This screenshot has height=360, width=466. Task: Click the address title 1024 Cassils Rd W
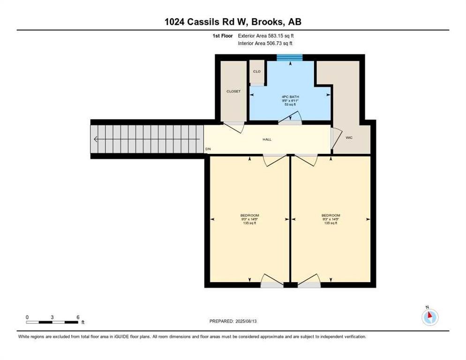(233, 22)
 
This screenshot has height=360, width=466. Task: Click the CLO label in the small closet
(256, 71)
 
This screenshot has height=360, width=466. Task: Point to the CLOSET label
(233, 91)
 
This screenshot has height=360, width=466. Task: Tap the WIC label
(349, 138)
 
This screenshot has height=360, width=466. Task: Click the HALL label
(267, 139)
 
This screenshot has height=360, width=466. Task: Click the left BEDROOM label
(249, 215)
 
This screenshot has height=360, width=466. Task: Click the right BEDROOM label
(331, 215)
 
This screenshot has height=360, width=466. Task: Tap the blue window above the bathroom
(289, 58)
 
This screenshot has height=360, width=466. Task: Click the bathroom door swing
(291, 119)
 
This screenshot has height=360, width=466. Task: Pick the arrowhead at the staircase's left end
(96, 139)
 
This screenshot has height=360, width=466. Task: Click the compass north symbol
(429, 316)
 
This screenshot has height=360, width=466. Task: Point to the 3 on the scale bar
(52, 317)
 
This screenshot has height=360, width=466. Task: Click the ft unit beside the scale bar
(83, 322)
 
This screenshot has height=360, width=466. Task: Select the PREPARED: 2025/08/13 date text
(233, 321)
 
